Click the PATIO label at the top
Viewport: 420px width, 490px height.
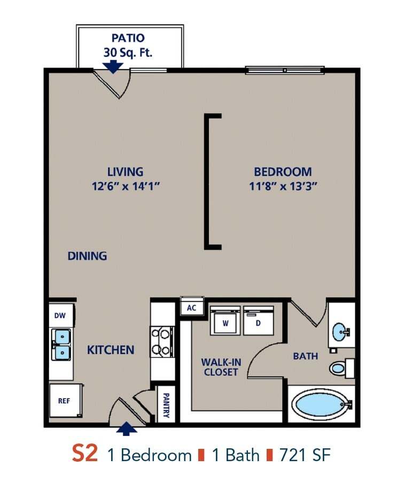point(128,38)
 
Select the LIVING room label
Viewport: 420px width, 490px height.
point(125,172)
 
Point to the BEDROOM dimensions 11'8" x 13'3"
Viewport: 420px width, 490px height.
point(283,186)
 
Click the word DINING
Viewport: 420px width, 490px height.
point(87,256)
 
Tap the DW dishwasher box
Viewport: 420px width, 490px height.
point(60,316)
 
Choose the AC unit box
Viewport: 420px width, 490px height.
point(191,308)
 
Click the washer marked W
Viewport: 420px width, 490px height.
point(225,323)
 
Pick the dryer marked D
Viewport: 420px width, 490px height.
point(258,323)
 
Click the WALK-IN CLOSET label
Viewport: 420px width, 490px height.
point(221,367)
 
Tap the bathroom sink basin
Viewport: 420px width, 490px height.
point(339,332)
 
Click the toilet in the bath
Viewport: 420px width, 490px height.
point(339,368)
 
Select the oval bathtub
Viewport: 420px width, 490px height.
point(320,404)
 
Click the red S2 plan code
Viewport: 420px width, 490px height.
point(85,454)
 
